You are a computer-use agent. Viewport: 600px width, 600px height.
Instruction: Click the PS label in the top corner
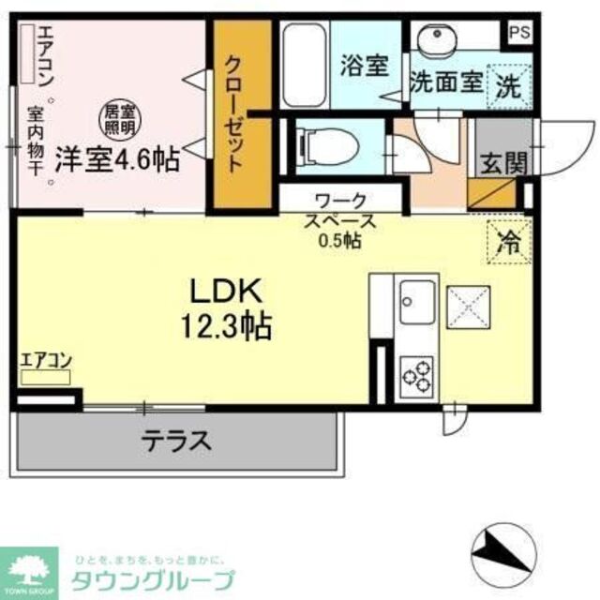pyautogui.click(x=517, y=31)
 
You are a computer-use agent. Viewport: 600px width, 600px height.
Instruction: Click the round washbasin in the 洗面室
pyautogui.click(x=435, y=41)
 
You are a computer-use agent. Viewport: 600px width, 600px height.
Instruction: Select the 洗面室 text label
pyautogui.click(x=446, y=82)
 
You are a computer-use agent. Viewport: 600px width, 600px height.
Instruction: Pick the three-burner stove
pyautogui.click(x=416, y=374)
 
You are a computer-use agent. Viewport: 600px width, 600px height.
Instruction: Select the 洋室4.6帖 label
pyautogui.click(x=115, y=158)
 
